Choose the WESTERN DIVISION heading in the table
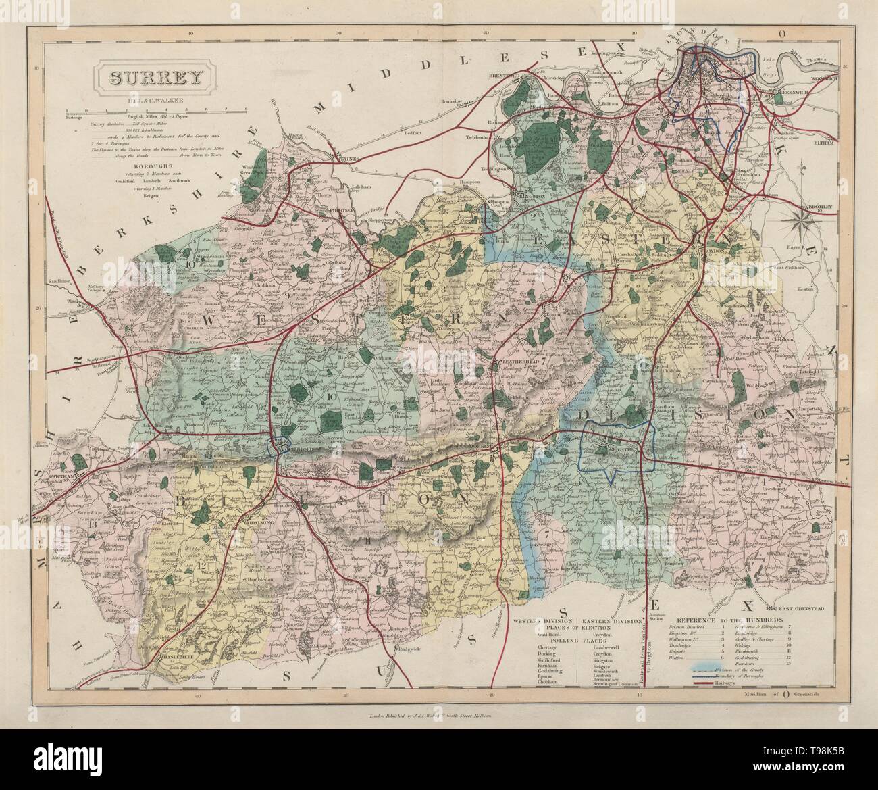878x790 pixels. click(x=544, y=620)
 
